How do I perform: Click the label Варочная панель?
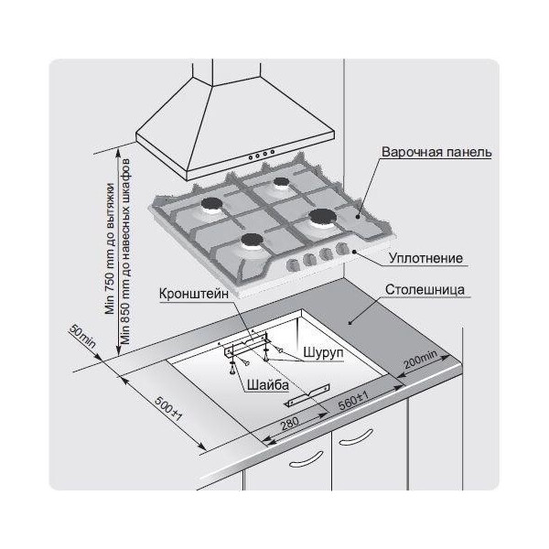436,152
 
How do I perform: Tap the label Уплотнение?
425,258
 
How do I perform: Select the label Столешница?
425,290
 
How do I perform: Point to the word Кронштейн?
194,294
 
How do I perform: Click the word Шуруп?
323,352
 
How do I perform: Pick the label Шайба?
268,385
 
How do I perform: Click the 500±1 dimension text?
168,409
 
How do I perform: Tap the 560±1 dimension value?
353,401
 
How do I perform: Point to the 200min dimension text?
420,360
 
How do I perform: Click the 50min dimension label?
82,336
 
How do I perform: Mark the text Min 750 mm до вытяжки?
110,248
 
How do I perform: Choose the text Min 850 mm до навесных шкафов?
125,252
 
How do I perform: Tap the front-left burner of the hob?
252,240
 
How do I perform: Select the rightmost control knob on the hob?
341,249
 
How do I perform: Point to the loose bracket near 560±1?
308,395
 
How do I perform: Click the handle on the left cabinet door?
306,459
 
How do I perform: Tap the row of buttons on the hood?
261,155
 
